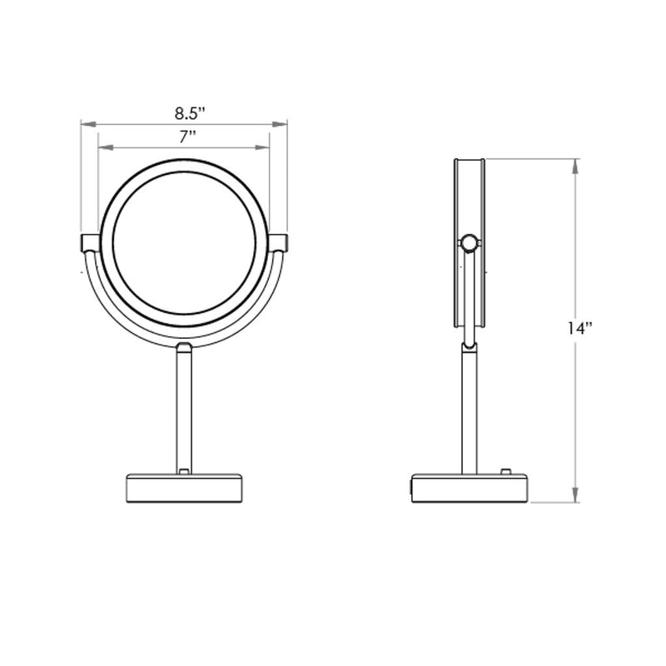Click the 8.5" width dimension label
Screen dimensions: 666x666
190,112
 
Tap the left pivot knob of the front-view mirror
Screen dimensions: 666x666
89,242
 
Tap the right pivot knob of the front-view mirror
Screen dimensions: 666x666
279,242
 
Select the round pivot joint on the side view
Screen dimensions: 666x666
470,243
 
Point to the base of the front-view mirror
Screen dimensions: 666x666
184,488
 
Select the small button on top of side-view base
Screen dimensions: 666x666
504,472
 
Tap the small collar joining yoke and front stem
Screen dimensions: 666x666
184,345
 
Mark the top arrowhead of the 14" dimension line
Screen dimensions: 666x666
576,164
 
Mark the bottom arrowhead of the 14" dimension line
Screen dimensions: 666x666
576,497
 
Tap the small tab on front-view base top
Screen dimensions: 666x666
184,473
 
